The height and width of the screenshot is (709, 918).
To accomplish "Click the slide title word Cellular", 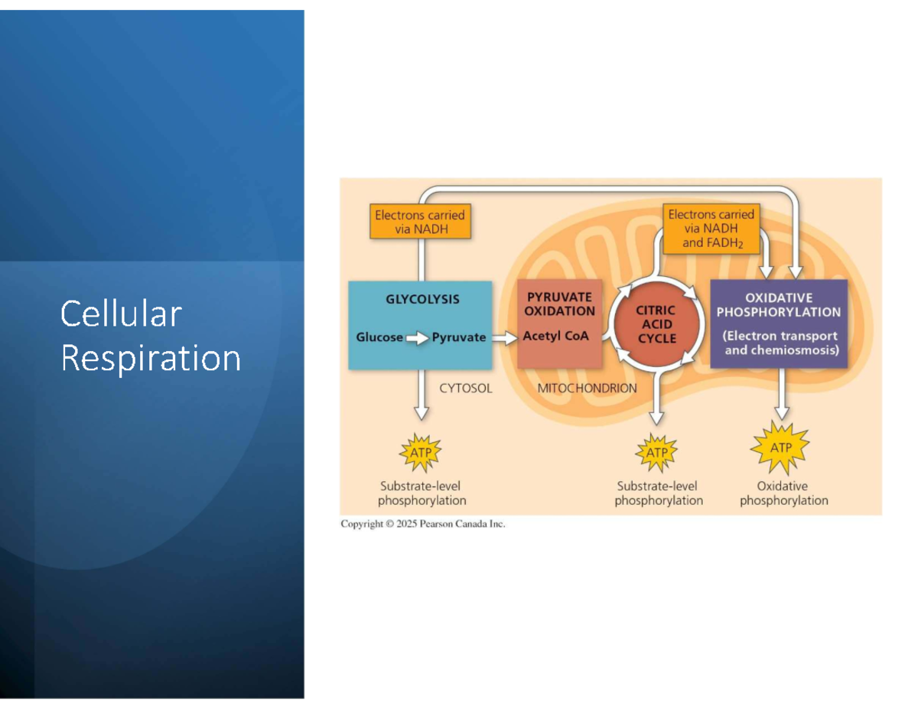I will pos(121,314).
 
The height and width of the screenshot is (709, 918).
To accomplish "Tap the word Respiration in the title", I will pos(151,358).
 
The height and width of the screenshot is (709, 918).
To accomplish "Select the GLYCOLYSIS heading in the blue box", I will pos(422,299).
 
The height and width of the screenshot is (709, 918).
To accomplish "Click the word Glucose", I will pos(379,337).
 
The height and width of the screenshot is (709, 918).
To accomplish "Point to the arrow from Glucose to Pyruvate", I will pos(417,337).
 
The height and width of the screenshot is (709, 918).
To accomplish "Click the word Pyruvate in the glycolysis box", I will pos(459,337).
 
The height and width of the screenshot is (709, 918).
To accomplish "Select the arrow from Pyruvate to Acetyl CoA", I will pos(504,337).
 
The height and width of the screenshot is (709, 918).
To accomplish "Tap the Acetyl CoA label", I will pos(556,336).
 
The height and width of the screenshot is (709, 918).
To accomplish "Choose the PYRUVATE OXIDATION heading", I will pos(559,304).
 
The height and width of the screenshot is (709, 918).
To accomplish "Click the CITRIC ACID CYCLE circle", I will pos(656,324).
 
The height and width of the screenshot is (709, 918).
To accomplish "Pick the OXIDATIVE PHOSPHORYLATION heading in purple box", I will pos(779,304).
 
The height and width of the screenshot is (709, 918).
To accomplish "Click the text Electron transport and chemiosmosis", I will pos(780,343).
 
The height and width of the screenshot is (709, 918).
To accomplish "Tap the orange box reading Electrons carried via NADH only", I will pos(419,222).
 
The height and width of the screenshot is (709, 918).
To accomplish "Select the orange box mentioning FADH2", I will pos(711,229).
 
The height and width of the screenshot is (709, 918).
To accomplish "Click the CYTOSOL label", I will pos(466,388).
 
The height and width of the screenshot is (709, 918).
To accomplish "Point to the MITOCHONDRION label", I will pos(587,388).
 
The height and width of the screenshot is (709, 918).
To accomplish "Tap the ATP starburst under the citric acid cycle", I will pos(656,452).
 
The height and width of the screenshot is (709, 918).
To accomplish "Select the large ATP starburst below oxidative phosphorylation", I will pos(780,447).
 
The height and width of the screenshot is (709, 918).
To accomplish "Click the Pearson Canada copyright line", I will pos(423,524).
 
